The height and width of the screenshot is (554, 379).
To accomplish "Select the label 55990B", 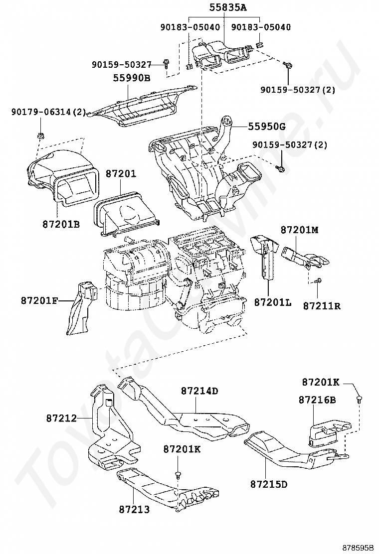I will click(x=131, y=78).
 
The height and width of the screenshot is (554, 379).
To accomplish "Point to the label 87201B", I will click(x=61, y=224).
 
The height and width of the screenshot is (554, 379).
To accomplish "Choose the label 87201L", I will click(x=272, y=302).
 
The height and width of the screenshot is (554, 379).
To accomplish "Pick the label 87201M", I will click(x=299, y=230).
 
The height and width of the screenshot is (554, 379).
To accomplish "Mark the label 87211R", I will click(x=322, y=305).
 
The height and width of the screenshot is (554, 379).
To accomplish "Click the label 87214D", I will click(x=199, y=391).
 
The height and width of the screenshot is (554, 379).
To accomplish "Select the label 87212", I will click(x=62, y=418).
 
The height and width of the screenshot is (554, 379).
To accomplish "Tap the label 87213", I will click(x=134, y=509).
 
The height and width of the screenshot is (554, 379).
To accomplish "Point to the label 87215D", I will click(x=269, y=484).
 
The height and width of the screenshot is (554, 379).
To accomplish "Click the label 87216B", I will click(x=317, y=400).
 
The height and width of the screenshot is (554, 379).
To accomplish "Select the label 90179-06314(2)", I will click(x=48, y=113).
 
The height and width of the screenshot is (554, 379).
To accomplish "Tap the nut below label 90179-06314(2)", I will click(x=39, y=136).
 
